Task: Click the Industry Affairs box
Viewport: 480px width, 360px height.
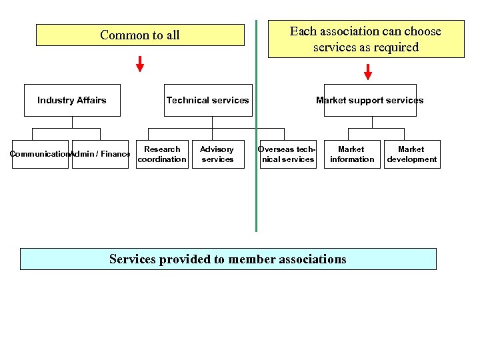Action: pos(72,100)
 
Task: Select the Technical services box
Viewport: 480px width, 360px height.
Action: pos(208,100)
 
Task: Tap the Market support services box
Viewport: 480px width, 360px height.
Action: pos(370,100)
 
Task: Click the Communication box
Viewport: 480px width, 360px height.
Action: pos(40,154)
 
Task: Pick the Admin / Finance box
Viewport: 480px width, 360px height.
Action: pos(100,154)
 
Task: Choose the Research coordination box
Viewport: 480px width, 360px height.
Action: pos(162,154)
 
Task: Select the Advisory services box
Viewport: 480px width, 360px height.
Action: pos(217,154)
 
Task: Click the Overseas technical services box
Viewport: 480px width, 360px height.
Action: pos(287,154)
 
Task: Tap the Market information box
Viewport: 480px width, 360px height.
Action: pos(351,154)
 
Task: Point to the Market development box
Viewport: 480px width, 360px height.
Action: pos(412,154)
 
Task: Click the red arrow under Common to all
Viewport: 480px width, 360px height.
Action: pos(140,65)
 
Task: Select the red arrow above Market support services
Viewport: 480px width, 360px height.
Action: pos(368,71)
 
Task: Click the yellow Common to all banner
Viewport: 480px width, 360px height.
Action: pos(140,35)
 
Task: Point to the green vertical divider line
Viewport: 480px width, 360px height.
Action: pos(256,200)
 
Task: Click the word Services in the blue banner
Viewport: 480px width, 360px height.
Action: pos(132,259)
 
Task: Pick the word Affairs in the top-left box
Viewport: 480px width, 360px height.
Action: pos(90,100)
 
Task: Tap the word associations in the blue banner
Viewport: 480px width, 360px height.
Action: pos(311,259)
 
